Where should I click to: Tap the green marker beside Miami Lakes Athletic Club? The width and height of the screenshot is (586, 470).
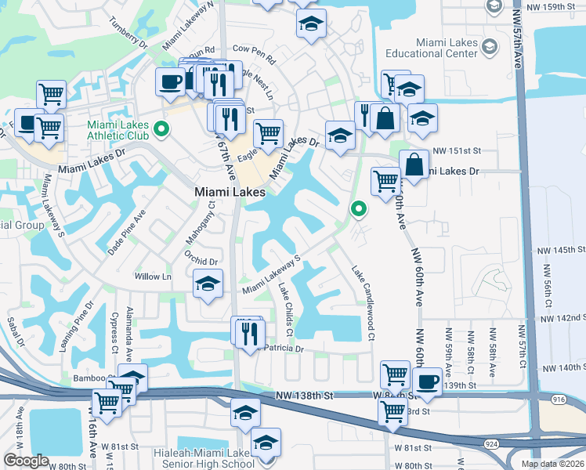tap(162, 128)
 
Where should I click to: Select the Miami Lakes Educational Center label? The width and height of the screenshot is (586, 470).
tap(432, 47)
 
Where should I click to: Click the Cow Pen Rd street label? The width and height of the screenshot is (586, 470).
tap(255, 55)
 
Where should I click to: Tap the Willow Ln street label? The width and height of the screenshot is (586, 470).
tap(153, 277)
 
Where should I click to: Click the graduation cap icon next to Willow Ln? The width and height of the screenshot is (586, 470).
tap(208, 284)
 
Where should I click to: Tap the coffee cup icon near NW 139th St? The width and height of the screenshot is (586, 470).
tap(427, 381)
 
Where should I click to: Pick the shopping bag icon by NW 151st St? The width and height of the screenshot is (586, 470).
tap(414, 165)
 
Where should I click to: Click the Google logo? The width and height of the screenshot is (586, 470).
tap(26, 461)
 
